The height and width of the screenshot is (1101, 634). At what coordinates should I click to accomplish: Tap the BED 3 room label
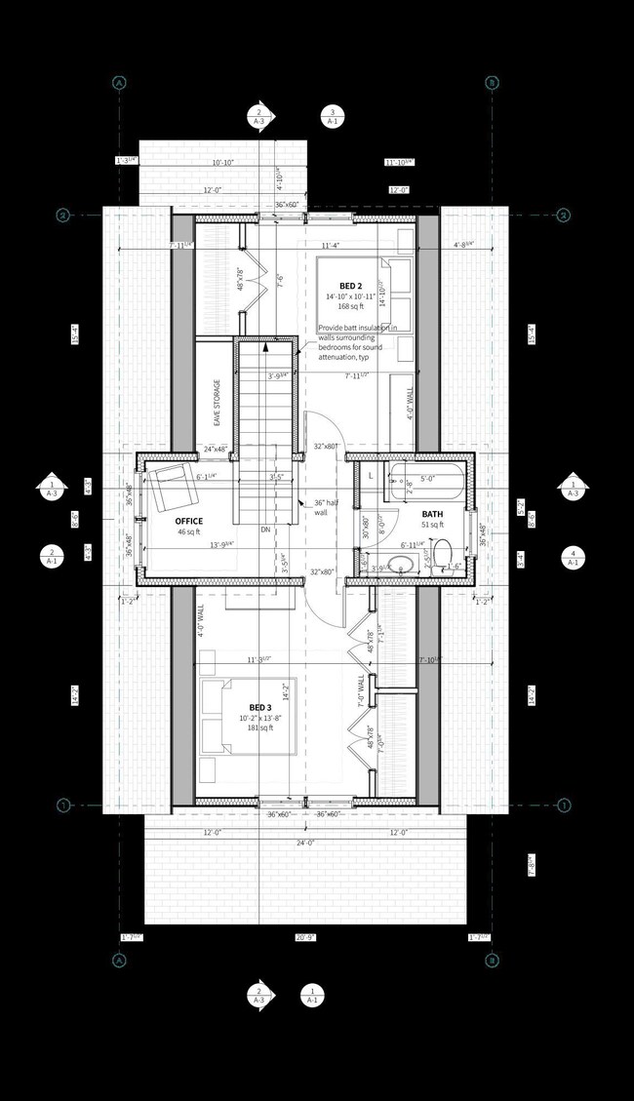tap(259, 707)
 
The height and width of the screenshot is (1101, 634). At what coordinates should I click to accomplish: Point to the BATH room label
tap(434, 514)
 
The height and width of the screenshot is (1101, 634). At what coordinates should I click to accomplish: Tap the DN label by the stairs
tap(265, 530)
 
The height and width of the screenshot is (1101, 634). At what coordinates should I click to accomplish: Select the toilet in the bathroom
tap(442, 554)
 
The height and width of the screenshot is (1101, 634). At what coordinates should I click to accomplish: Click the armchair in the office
tap(169, 485)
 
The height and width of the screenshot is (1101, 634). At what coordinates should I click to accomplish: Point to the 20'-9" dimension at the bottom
tap(306, 937)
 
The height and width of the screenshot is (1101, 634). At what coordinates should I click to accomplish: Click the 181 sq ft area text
tap(259, 727)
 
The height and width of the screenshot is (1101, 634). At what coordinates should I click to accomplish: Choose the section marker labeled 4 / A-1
tap(573, 557)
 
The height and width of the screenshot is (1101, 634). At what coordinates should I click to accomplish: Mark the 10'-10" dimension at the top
tap(223, 162)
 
